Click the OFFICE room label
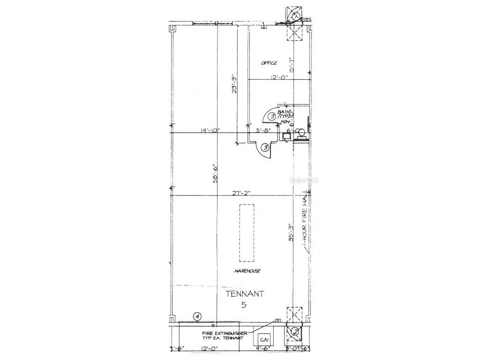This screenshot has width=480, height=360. point(269,63)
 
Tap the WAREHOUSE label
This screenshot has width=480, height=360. point(247,271)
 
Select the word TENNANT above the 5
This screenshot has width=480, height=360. point(245,294)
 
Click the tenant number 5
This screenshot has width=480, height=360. point(244,305)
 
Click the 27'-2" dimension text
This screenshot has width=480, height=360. point(242,193)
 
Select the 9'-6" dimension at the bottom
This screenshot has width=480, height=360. point(262,348)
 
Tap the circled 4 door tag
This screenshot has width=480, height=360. point(197,317)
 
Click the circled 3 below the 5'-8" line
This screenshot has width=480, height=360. point(265,148)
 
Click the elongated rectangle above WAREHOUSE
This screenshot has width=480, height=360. point(247,233)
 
